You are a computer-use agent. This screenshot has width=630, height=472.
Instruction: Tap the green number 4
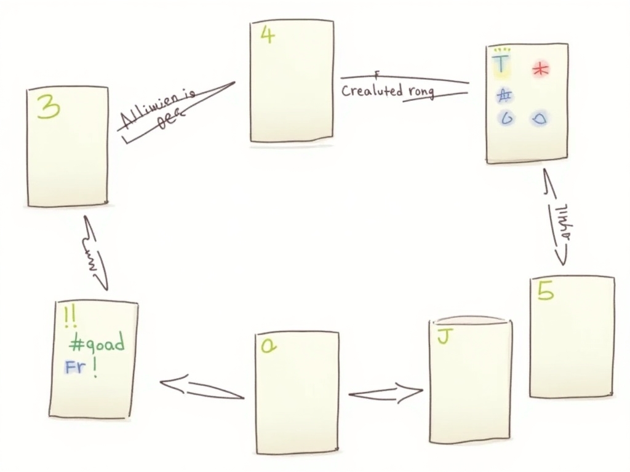[267, 36]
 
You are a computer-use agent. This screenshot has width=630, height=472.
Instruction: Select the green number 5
[545, 291]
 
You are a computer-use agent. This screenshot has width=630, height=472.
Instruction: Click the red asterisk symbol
[540, 69]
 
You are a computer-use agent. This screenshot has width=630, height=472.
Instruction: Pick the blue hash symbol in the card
[505, 95]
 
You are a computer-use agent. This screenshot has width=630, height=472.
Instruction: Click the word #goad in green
[96, 341]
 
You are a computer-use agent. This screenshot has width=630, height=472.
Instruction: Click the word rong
[421, 92]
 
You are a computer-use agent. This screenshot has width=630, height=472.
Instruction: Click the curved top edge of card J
[471, 319]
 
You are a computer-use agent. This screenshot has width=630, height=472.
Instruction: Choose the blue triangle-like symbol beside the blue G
[539, 118]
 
